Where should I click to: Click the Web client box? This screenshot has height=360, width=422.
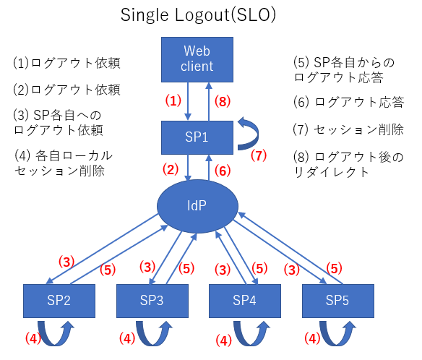coord(197,59)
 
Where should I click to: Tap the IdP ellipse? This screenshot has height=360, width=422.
coord(198,205)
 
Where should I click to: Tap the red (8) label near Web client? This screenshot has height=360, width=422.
coord(224,101)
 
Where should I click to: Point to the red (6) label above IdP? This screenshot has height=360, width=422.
coord(224,170)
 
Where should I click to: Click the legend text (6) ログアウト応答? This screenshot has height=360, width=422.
coord(348,103)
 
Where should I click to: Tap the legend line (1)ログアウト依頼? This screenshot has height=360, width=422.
coord(66,64)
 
